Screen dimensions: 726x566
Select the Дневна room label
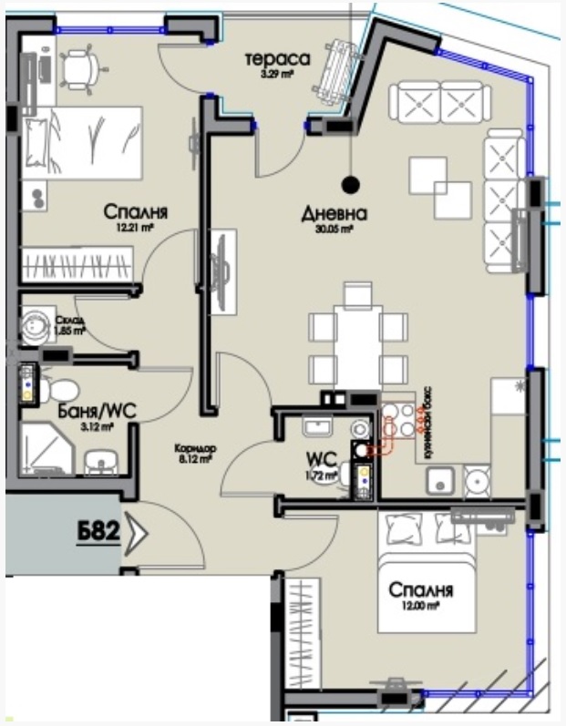pyautogui.click(x=334, y=215)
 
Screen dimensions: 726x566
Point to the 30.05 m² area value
pyautogui.click(x=334, y=231)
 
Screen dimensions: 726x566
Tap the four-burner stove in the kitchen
pyautogui.click(x=397, y=420)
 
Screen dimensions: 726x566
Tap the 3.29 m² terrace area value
pyautogui.click(x=277, y=75)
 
